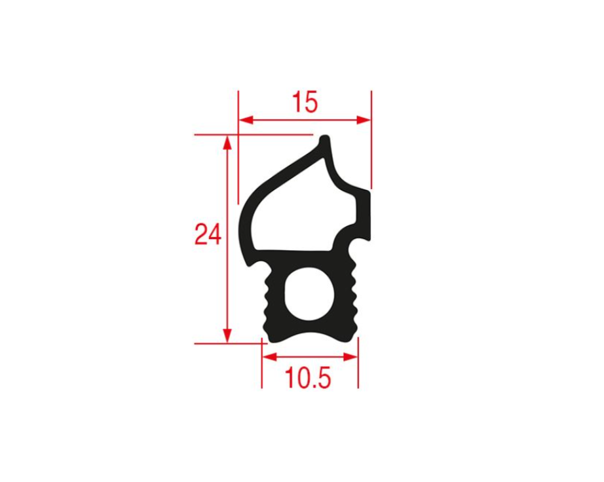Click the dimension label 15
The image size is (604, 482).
[305, 102]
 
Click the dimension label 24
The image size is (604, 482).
[208, 234]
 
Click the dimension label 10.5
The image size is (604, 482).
[308, 378]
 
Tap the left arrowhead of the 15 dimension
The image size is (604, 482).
[246, 120]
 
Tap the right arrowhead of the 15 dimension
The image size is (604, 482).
[363, 120]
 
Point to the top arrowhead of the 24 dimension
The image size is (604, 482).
[227, 143]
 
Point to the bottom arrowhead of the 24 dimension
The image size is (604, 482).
[227, 336]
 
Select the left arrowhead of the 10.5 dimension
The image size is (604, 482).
[270, 357]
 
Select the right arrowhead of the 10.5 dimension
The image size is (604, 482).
[350, 357]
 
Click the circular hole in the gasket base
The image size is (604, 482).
[309, 295]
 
